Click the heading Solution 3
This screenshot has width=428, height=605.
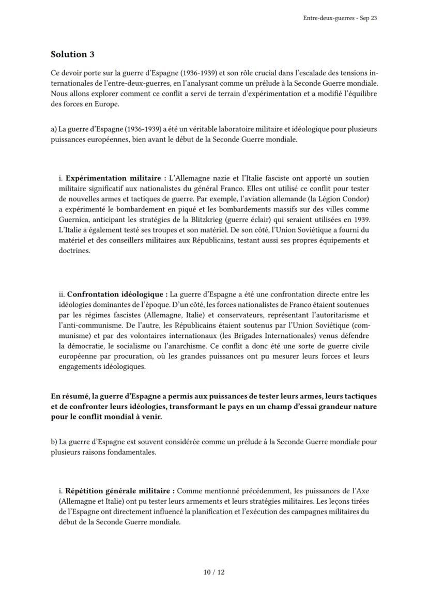72,54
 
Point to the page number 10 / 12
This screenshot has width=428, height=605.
214,572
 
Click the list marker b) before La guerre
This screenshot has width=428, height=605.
54,442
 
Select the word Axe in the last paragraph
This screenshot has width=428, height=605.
362,490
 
